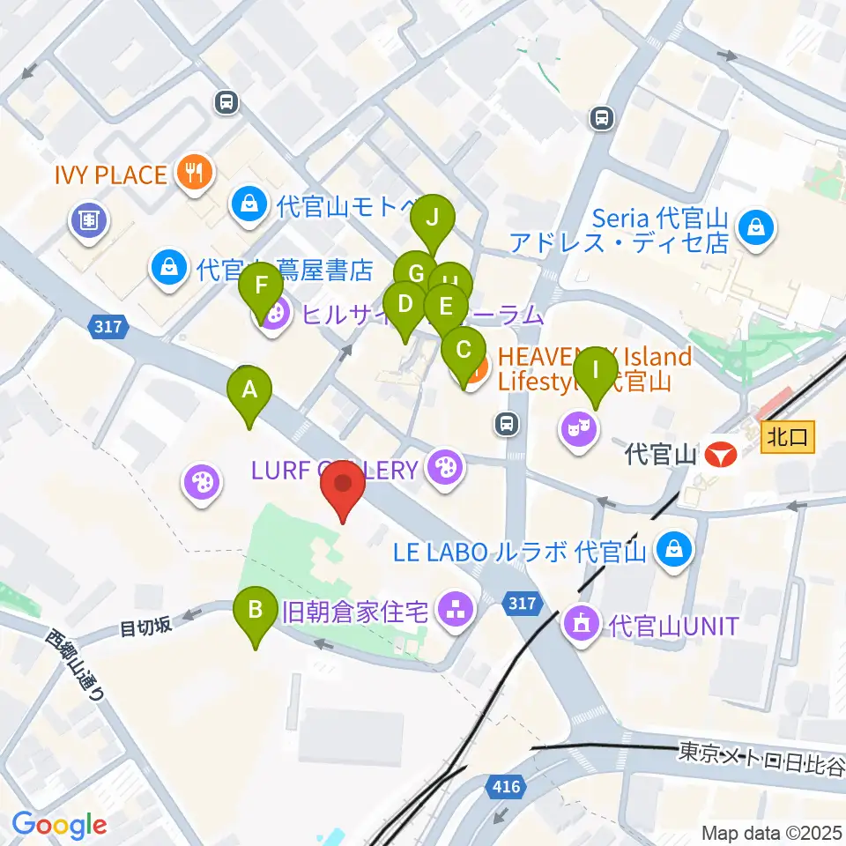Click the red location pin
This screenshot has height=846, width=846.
344,493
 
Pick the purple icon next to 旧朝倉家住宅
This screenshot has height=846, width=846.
456,608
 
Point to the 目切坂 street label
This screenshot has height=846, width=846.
146,627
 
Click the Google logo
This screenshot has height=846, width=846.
59,825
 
